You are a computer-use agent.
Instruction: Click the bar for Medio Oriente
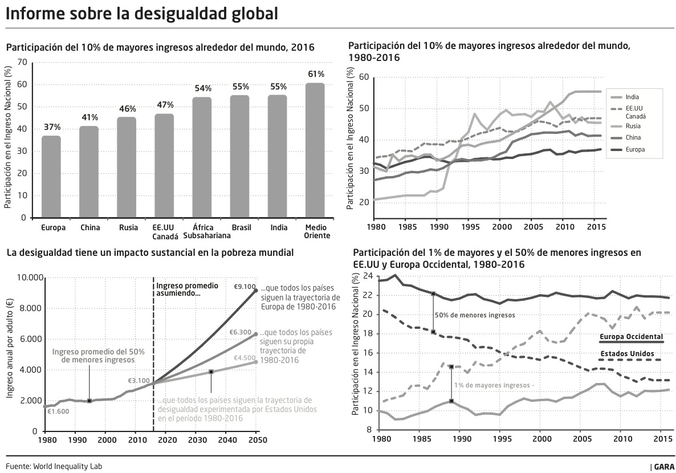315,150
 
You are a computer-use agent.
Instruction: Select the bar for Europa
51,177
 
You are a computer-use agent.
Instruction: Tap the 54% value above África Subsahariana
203,88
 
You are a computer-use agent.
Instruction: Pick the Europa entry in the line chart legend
635,150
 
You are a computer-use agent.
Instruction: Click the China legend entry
633,137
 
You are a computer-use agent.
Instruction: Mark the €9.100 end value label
245,287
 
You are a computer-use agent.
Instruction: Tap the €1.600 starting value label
58,411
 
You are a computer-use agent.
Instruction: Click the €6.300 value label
241,332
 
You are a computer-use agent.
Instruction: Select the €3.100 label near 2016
139,381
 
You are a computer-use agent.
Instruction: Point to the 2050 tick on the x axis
256,440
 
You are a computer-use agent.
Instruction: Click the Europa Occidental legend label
631,337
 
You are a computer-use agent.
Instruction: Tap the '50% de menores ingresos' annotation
474,315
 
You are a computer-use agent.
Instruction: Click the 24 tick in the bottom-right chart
367,276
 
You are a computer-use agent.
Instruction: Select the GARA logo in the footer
663,467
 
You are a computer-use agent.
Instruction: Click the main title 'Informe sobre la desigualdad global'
142,14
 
